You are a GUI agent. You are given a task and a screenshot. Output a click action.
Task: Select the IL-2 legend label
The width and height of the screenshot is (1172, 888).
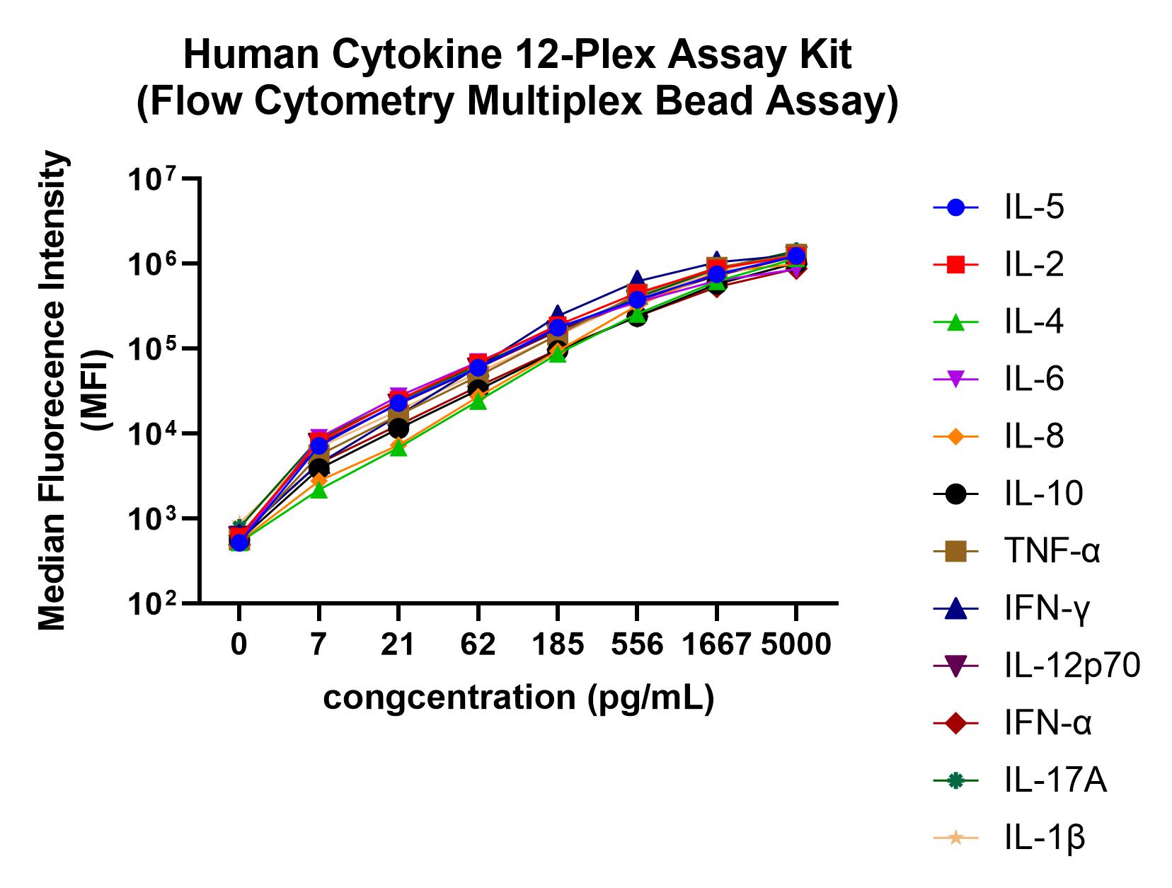coord(1033,265)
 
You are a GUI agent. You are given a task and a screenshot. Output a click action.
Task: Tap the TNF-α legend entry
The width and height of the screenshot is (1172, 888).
coord(1052,551)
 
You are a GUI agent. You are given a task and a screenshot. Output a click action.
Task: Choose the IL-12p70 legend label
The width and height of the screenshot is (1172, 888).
coord(1072,666)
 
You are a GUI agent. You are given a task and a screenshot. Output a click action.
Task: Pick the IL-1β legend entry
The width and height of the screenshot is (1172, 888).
coord(1044,838)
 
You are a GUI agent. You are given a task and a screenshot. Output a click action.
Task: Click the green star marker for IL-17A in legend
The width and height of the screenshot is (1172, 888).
coord(955,780)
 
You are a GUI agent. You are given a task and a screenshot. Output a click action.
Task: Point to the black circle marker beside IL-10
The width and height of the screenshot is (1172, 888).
coord(955,494)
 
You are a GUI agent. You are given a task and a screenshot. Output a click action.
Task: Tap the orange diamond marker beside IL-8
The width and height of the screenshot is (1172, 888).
coord(955,437)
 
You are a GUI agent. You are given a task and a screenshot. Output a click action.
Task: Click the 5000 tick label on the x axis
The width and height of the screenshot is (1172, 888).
coord(796,644)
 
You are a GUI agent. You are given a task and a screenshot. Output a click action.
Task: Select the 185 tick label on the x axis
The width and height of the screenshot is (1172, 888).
coord(558,644)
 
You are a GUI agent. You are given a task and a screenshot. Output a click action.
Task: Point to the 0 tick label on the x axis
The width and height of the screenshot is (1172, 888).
coord(239,644)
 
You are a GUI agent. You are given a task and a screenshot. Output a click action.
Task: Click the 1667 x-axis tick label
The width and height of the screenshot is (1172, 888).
coord(716,644)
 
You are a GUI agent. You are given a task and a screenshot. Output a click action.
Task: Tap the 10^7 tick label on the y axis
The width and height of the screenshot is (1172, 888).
coord(152,178)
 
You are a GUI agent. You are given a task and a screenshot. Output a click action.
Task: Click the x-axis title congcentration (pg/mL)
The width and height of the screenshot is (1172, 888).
coord(519,698)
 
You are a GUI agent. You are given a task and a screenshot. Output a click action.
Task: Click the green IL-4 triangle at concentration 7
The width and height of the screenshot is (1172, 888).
coord(318,489)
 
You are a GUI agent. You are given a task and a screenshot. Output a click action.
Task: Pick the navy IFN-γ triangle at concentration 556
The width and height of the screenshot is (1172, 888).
coord(637,279)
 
